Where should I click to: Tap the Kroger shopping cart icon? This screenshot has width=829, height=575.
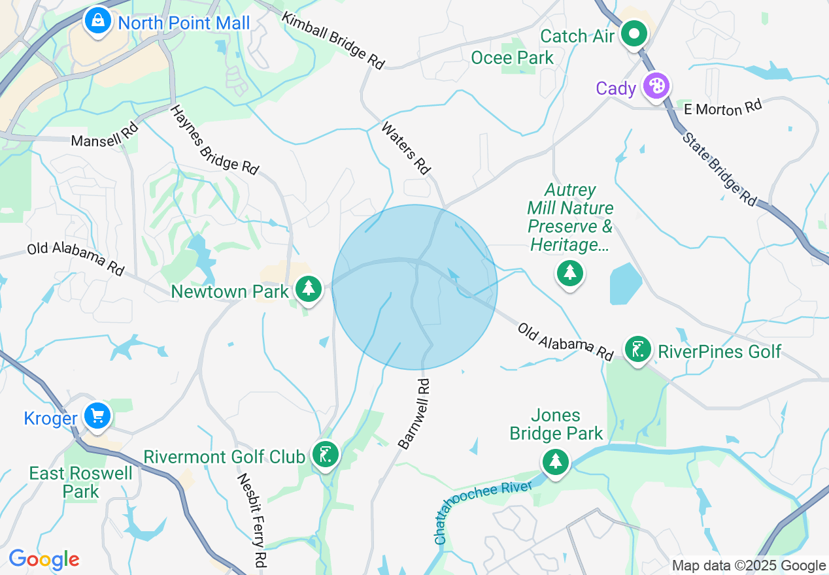(98, 416)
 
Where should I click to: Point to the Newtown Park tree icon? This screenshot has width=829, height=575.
(308, 288)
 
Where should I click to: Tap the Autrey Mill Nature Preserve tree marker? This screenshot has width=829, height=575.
(570, 272)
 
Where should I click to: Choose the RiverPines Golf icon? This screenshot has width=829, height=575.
(637, 349)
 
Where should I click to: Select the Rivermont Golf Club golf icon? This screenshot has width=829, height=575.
(325, 453)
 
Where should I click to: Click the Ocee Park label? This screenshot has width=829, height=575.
(513, 57)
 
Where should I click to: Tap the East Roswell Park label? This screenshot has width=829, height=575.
(81, 482)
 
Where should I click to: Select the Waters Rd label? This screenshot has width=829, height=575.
(407, 148)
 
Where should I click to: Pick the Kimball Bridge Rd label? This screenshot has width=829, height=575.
(333, 40)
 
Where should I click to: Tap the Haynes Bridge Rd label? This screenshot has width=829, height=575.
(214, 139)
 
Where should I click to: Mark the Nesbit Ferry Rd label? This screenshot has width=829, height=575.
(252, 519)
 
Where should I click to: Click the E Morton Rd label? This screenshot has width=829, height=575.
(723, 108)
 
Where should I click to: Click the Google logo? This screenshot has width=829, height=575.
(44, 559)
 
